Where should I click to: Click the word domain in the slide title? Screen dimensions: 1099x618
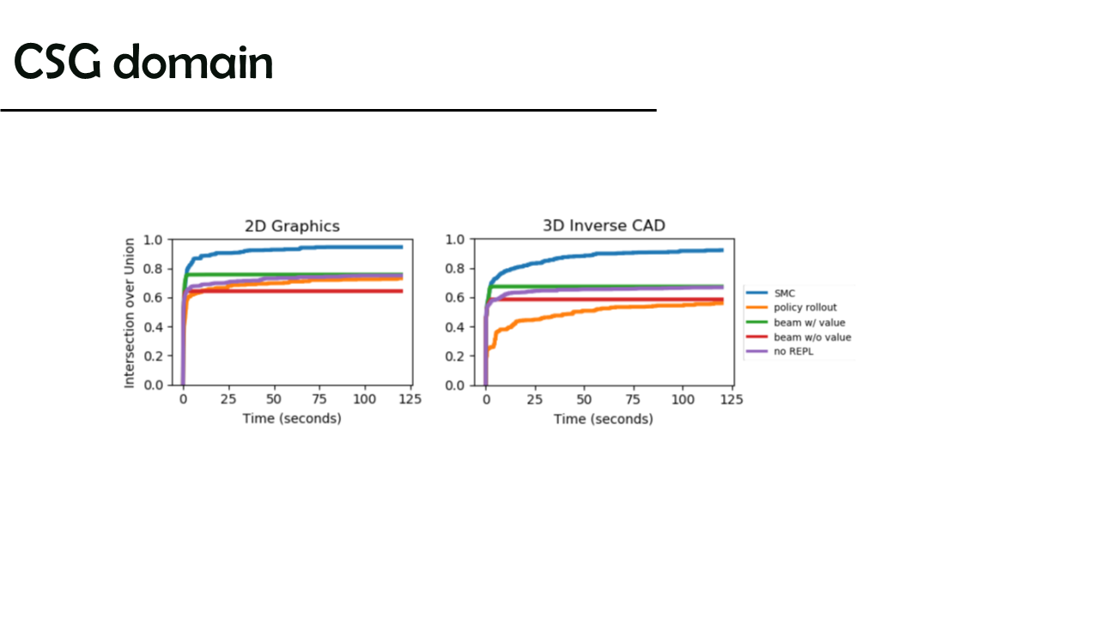193,62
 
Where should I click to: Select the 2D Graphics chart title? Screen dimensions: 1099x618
292,226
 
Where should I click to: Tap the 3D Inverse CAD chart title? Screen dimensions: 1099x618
604,226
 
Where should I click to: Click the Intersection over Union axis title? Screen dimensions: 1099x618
129,313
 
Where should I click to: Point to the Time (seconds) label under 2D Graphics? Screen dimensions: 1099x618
292,418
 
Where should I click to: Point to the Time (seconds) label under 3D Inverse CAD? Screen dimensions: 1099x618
604,419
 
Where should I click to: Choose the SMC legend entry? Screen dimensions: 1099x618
770,294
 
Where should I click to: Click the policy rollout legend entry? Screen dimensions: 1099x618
792,307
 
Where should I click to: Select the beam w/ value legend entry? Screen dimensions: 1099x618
795,323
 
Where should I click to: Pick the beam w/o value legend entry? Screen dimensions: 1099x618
798,337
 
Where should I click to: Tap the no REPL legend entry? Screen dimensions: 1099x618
780,352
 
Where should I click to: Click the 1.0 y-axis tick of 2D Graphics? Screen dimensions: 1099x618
153,239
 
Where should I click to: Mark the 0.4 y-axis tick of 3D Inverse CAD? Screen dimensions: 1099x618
455,327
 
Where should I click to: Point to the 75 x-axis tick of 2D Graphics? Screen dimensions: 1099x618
319,399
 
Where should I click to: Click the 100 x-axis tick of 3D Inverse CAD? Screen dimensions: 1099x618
683,400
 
